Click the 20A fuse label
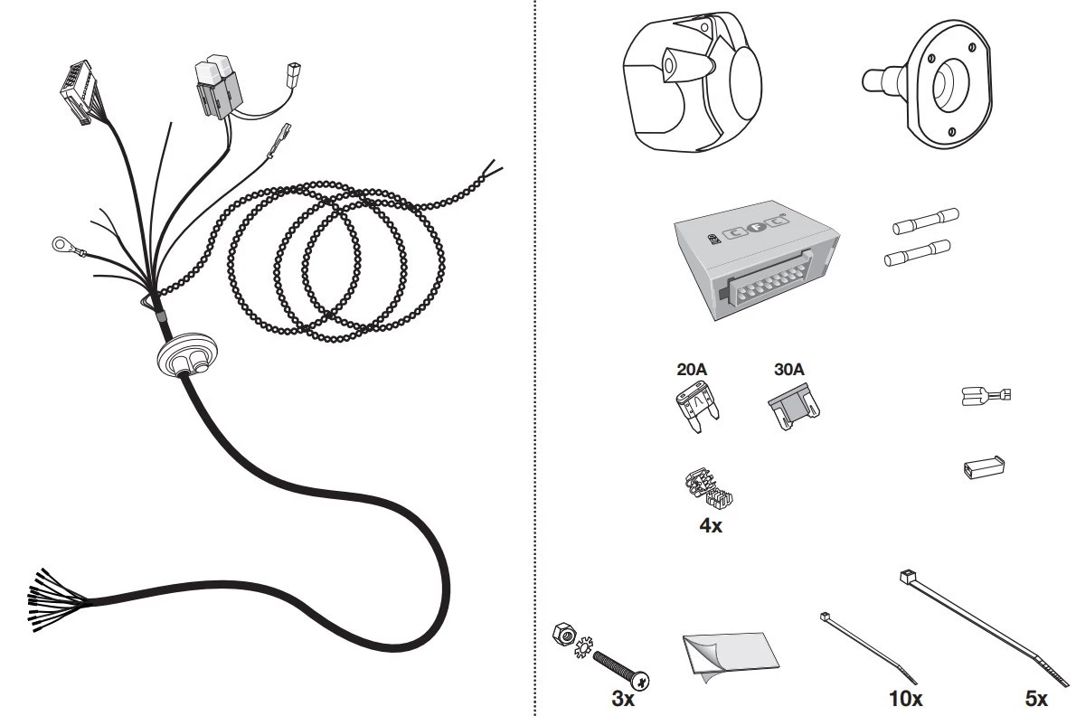tap(691, 370)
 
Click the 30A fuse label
tap(788, 370)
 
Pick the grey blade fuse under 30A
tap(794, 408)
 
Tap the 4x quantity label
tap(710, 526)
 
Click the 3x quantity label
tap(622, 699)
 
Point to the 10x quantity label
tap(905, 699)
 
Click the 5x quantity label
tap(1036, 699)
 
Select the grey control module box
tap(758, 260)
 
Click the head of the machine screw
tap(640, 680)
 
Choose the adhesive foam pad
tap(731, 655)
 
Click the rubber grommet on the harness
tap(186, 354)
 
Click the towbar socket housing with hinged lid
tap(692, 81)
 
